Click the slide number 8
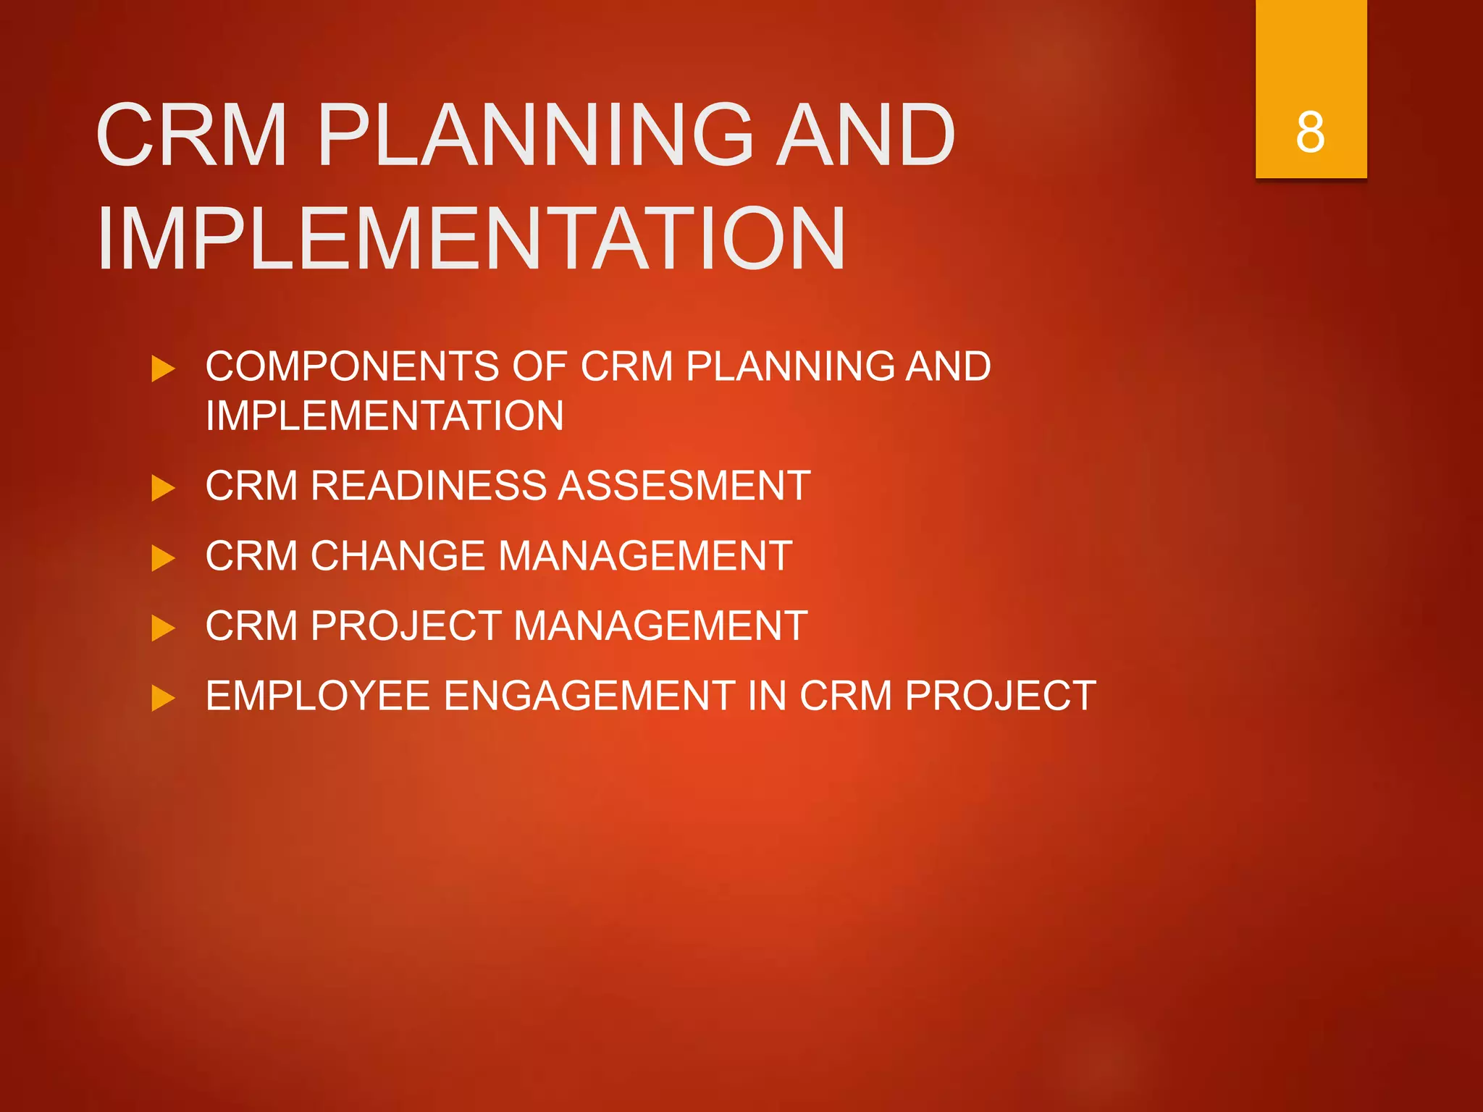(1310, 132)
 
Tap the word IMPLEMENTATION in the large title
(471, 238)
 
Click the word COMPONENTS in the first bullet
(352, 366)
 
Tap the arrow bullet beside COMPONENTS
(163, 368)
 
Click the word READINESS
(428, 485)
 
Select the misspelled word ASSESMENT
(685, 485)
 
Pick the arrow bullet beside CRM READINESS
(163, 488)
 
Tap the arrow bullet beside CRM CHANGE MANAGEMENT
(163, 558)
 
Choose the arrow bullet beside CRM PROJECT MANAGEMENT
(163, 628)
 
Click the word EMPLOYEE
(318, 696)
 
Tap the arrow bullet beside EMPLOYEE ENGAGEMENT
(163, 699)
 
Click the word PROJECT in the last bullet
(1000, 696)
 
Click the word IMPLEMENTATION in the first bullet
(385, 416)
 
